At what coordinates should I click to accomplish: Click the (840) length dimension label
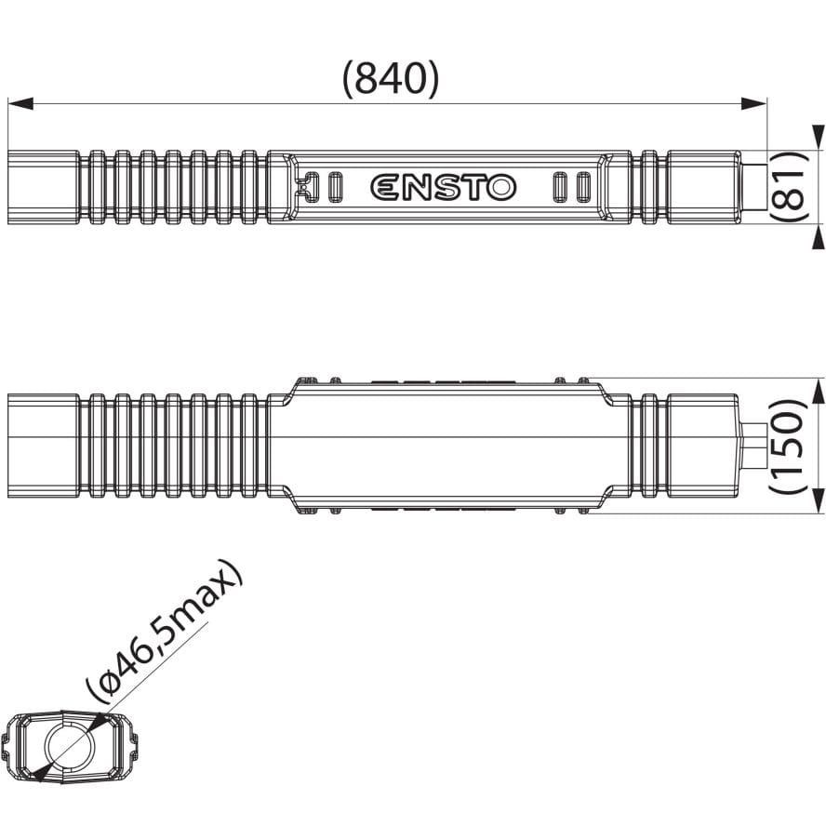pos(390,80)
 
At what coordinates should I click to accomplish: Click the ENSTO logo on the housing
pos(443,187)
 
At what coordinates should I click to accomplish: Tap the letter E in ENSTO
pos(385,187)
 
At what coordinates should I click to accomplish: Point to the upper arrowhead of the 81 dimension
pos(816,140)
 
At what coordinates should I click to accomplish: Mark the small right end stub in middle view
pos(753,446)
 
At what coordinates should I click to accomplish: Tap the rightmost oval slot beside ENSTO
pos(582,186)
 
